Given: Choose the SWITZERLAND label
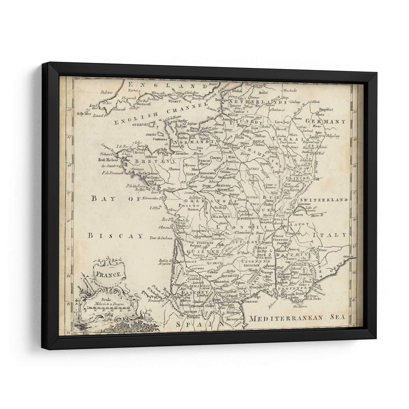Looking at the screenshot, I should (324, 199).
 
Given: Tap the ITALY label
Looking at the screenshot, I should (334, 235).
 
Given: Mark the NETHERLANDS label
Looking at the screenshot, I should (265, 102).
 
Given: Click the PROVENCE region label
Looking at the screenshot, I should (292, 289).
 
